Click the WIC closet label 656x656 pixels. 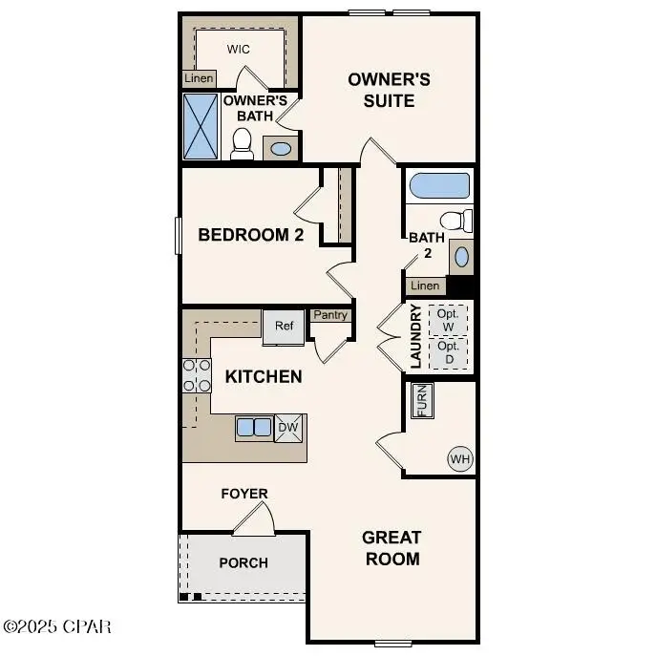(238, 48)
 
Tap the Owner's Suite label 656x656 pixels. (389, 89)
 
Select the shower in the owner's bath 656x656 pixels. (201, 125)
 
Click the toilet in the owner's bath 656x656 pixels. (242, 143)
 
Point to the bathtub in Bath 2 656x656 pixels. (438, 185)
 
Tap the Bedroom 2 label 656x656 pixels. (250, 234)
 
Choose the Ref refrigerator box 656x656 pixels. (284, 326)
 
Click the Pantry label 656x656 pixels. (330, 315)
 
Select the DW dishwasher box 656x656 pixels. (288, 429)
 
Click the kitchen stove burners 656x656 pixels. (197, 375)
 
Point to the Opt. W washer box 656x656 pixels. (448, 320)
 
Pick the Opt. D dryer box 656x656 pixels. (448, 352)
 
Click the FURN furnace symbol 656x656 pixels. (422, 401)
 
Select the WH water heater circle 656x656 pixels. (461, 459)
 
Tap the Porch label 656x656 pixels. (243, 562)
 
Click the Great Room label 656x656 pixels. (391, 548)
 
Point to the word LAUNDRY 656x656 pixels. (415, 337)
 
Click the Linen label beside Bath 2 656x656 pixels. (425, 286)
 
